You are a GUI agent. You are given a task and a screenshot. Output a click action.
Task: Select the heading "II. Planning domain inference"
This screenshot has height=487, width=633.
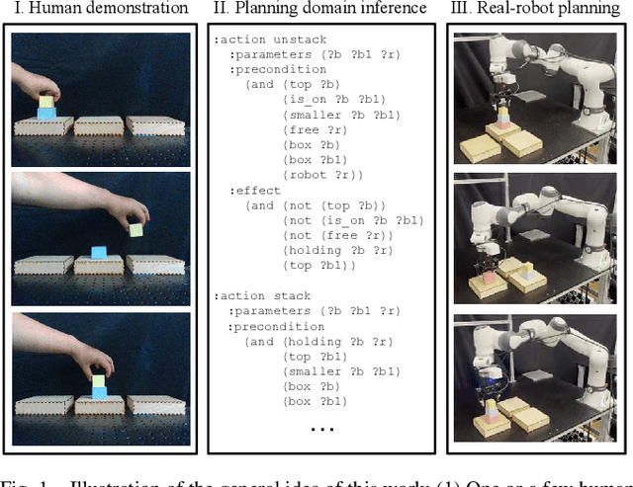point(319,9)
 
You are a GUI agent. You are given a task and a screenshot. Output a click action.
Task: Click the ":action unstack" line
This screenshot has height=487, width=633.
point(262,41)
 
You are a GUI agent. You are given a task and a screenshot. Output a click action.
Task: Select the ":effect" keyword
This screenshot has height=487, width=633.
point(255,190)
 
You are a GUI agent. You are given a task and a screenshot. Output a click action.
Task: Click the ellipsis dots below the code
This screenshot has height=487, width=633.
point(322,429)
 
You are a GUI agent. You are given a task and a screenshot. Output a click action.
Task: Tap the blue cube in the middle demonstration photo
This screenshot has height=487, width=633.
point(99,252)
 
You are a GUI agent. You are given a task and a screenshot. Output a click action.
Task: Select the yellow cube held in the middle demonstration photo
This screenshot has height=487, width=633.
point(136,230)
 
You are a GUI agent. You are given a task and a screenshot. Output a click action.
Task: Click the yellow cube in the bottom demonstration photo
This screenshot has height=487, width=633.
point(99,380)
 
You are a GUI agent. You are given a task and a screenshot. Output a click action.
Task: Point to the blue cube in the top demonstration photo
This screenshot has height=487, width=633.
point(45,115)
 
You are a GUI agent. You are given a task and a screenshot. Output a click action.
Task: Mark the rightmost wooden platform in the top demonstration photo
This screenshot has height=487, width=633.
point(154,125)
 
